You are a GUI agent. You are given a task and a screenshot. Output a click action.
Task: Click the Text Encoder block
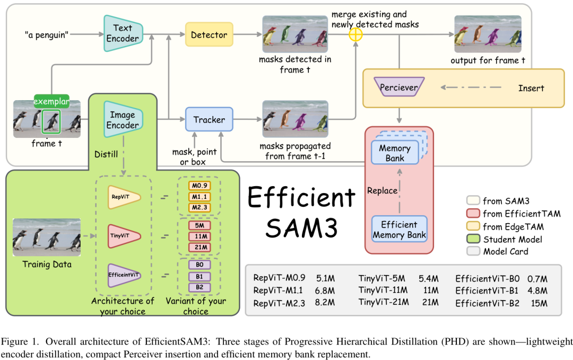122,33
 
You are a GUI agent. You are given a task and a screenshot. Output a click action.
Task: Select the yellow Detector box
209,35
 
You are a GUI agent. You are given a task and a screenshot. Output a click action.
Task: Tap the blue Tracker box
209,120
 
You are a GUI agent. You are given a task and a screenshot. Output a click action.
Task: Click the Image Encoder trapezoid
123,120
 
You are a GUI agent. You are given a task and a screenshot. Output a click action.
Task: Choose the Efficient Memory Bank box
398,230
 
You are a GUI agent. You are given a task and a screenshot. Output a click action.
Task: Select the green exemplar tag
52,101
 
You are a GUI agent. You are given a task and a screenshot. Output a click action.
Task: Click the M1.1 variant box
199,196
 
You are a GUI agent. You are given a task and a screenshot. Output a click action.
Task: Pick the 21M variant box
199,247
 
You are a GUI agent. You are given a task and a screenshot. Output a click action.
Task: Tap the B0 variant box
199,264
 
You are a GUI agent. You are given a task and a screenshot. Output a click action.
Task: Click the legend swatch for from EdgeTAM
473,226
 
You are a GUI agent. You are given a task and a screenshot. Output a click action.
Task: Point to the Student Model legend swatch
473,239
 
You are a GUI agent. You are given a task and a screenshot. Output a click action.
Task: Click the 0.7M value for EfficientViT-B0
537,278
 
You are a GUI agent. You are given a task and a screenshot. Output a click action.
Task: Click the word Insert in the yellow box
531,88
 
